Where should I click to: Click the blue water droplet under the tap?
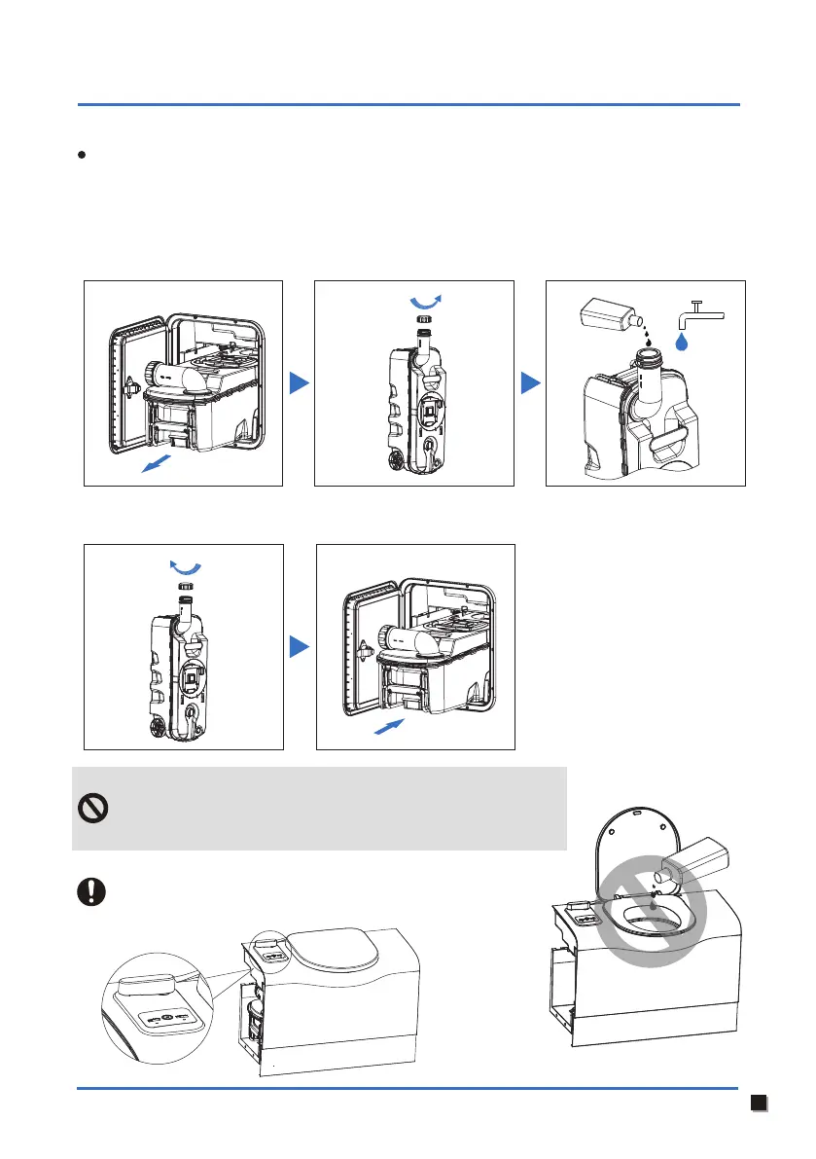684,340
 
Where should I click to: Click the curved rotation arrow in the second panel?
424,298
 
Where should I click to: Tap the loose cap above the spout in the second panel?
423,319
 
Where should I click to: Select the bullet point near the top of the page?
87,156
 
